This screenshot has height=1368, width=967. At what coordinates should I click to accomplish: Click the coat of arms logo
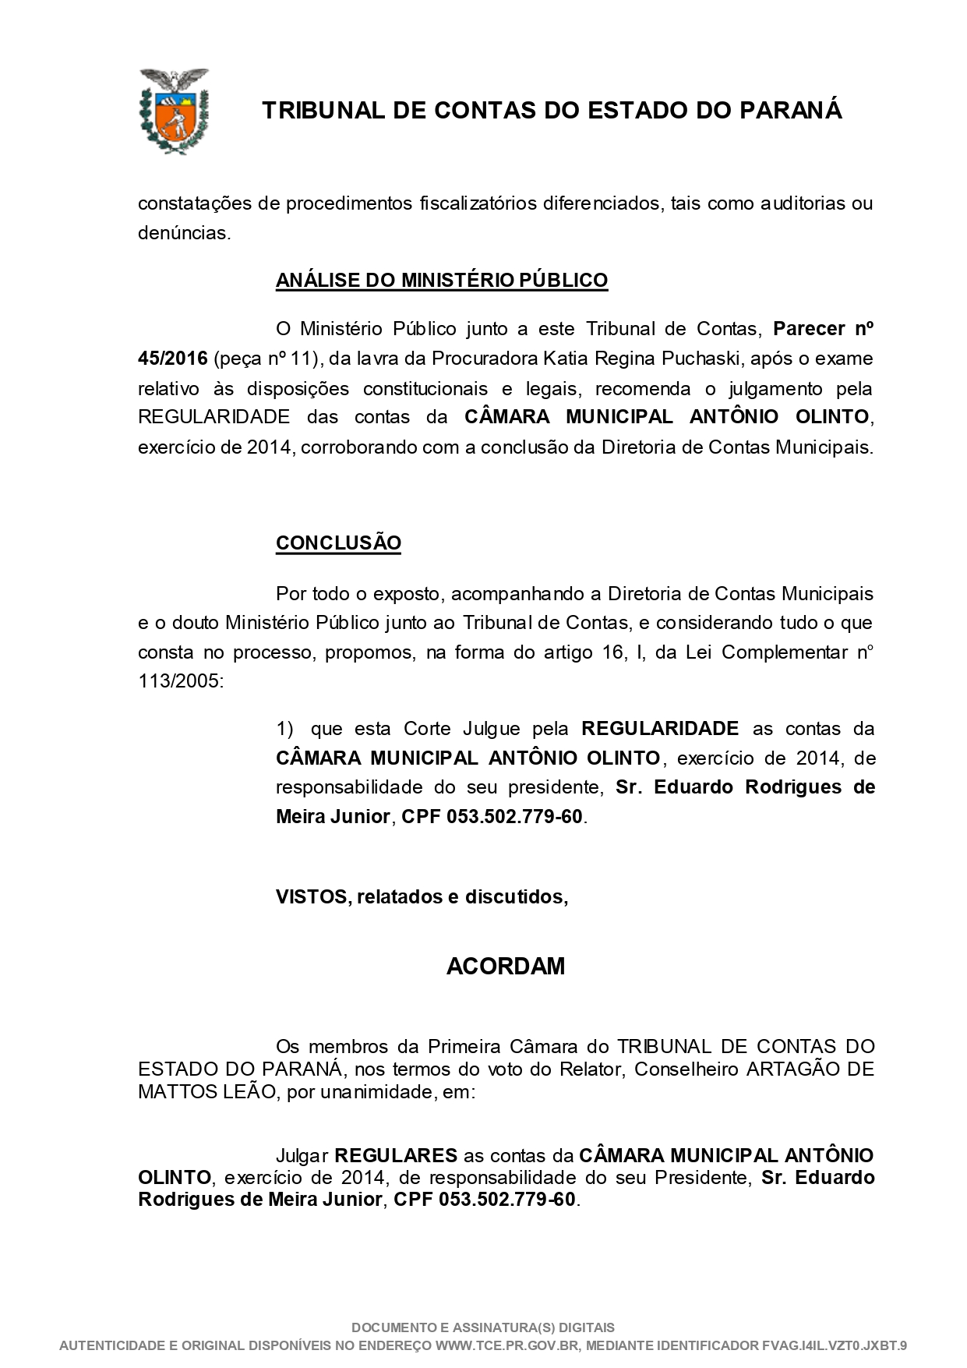click(174, 110)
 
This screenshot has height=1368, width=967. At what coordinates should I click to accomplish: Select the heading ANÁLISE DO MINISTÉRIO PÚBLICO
click(441, 280)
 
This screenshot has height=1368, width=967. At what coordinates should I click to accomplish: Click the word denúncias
click(184, 233)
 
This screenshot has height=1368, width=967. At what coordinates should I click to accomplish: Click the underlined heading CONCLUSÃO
click(338, 543)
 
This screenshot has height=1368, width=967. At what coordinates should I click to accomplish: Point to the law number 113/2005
click(179, 681)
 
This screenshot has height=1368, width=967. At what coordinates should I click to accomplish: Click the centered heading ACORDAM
click(505, 967)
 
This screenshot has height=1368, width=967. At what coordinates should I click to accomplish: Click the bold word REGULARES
click(395, 1154)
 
